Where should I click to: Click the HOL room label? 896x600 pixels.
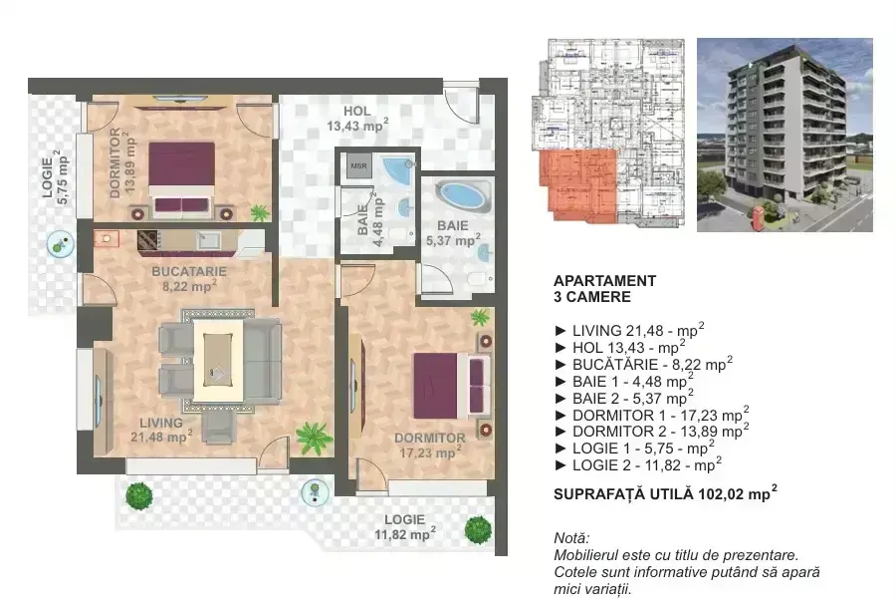pyautogui.click(x=357, y=111)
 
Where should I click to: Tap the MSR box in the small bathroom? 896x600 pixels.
pyautogui.click(x=358, y=165)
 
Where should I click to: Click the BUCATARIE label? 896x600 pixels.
pyautogui.click(x=189, y=272)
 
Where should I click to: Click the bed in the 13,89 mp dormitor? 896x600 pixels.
pyautogui.click(x=182, y=179)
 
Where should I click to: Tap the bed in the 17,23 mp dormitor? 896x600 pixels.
pyautogui.click(x=451, y=386)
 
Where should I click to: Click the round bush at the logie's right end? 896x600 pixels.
pyautogui.click(x=478, y=529)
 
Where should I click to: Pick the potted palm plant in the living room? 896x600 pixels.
pyautogui.click(x=314, y=438)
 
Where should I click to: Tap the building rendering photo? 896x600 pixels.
pyautogui.click(x=784, y=135)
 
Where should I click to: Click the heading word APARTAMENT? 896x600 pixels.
pyautogui.click(x=604, y=281)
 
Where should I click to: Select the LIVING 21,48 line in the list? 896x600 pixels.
pyautogui.click(x=630, y=330)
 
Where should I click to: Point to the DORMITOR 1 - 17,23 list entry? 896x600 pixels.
pyautogui.click(x=652, y=415)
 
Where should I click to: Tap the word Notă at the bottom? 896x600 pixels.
pyautogui.click(x=571, y=538)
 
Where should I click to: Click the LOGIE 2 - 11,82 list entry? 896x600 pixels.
pyautogui.click(x=638, y=465)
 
